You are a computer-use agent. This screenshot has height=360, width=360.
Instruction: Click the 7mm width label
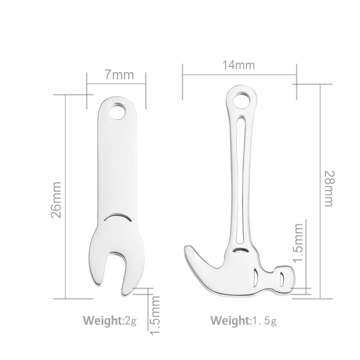tap(119, 75)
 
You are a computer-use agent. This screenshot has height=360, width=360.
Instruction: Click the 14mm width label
tap(238, 65)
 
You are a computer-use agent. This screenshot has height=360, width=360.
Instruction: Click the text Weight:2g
tap(110, 319)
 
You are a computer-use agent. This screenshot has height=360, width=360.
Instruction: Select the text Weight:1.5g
tap(243, 319)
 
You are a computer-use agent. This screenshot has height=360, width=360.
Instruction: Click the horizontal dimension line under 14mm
tap(239, 75)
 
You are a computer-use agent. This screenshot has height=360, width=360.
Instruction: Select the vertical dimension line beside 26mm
tap(66, 197)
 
